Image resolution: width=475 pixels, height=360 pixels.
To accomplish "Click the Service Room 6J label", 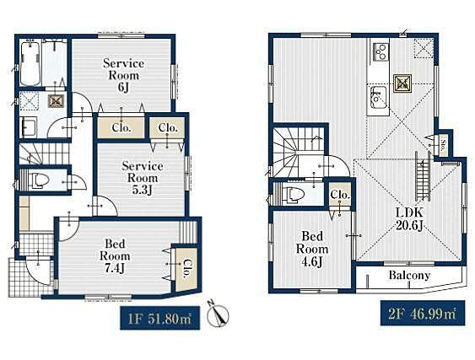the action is (x=123, y=75).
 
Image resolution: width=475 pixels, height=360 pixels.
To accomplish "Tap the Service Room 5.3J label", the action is (x=143, y=178).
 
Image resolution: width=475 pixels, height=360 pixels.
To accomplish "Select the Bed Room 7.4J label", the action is (x=115, y=255).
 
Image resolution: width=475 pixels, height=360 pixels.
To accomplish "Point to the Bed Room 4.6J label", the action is (x=312, y=249).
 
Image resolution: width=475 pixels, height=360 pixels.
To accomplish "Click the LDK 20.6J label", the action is (x=409, y=218).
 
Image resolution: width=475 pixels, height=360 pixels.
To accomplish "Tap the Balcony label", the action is (x=409, y=275).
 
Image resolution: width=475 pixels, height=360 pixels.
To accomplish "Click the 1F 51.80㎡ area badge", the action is (x=160, y=318).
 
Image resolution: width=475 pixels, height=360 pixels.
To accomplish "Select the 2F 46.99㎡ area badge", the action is (x=423, y=313).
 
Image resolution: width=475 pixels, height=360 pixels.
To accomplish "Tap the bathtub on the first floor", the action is (x=30, y=64).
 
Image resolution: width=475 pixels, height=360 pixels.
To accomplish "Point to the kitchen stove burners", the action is (x=381, y=52).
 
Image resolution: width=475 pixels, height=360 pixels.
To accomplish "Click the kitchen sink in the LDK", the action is (x=378, y=97).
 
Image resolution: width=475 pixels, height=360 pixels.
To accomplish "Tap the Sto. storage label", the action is (x=443, y=142).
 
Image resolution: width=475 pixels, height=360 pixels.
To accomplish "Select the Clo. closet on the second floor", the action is (x=340, y=195).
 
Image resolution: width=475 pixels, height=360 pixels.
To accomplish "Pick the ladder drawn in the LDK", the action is (x=423, y=175).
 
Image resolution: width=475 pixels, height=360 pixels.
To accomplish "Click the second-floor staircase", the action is (x=299, y=152).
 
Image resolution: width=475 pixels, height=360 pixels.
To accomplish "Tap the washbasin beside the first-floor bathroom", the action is (x=29, y=127).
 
